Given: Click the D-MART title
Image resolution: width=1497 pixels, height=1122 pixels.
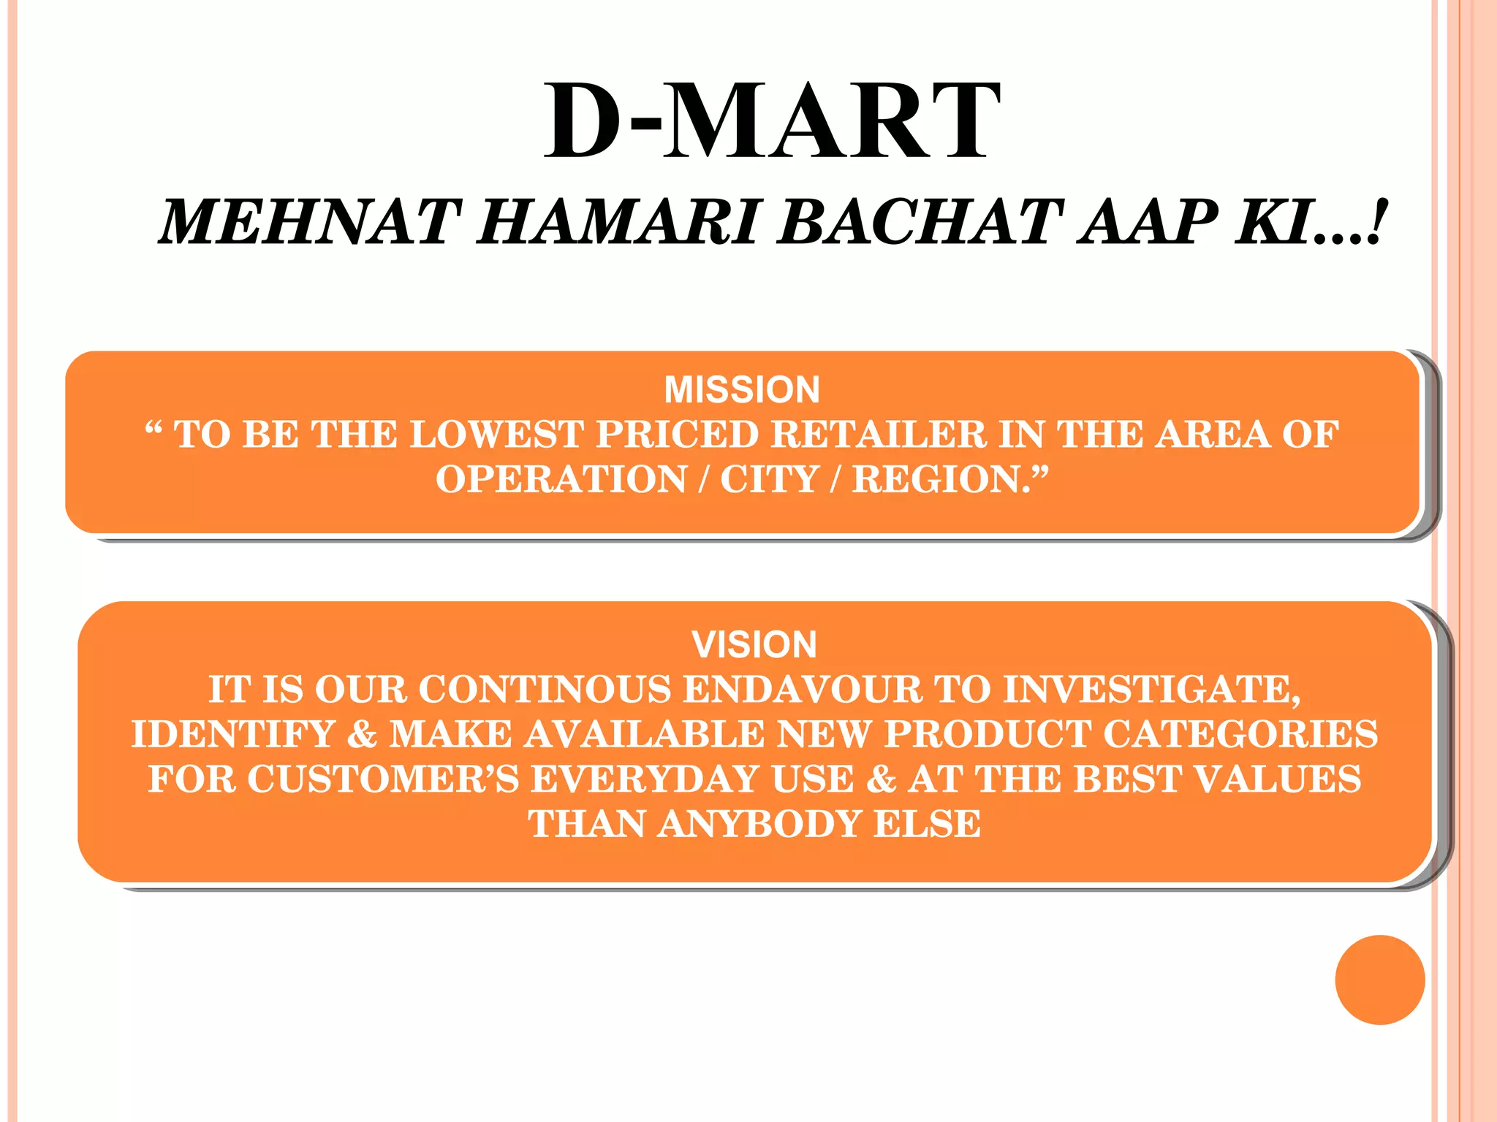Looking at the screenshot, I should [x=772, y=121].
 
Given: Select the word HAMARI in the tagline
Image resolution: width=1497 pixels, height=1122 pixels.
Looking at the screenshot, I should [x=618, y=223].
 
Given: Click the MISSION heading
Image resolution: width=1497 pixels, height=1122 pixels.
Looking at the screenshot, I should [x=742, y=389].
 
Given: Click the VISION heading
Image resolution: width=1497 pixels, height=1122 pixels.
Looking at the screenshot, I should [x=754, y=644].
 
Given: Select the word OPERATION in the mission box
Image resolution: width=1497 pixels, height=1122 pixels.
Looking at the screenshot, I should [x=561, y=480].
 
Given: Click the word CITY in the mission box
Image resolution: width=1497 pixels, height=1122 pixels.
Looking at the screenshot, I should [x=769, y=480].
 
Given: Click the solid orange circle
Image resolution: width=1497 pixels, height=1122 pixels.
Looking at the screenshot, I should [x=1379, y=980].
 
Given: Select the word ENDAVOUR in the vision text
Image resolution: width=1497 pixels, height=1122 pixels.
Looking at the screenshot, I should [x=802, y=690].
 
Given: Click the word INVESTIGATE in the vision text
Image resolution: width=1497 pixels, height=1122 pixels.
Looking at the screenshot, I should [x=1149, y=690].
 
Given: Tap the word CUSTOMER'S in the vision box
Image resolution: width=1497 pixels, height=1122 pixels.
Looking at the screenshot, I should [x=383, y=779].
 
